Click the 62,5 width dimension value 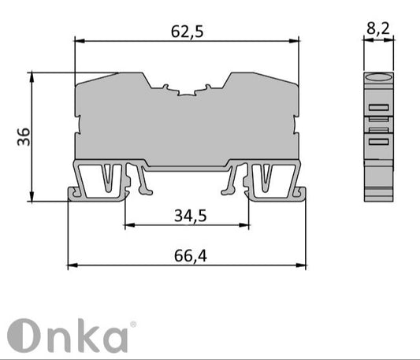(x=187, y=32)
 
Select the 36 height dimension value (x=23, y=137)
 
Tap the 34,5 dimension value (x=187, y=215)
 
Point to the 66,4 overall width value (x=187, y=255)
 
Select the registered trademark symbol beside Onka (x=132, y=324)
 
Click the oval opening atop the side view (x=377, y=78)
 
